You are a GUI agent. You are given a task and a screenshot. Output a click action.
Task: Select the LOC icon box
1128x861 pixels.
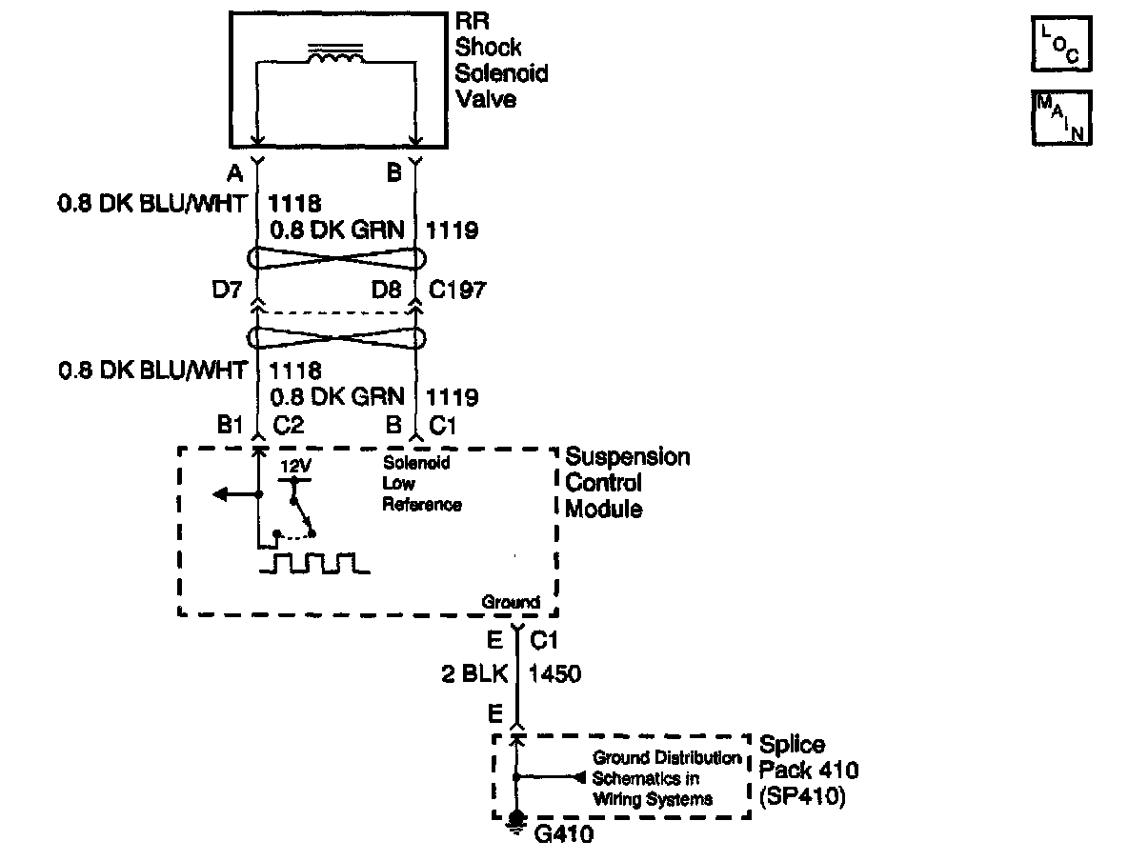click(x=1060, y=45)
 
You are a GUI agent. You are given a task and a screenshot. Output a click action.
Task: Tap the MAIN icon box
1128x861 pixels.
click(x=1060, y=118)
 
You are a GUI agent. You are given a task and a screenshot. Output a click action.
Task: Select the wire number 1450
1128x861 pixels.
click(x=554, y=673)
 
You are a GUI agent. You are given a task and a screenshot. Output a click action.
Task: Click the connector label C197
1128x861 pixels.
click(x=457, y=289)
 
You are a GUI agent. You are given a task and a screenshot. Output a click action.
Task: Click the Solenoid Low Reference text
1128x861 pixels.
click(x=422, y=484)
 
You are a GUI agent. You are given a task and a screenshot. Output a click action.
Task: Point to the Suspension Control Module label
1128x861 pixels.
click(x=627, y=483)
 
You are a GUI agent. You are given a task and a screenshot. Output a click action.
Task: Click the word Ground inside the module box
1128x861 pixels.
click(x=511, y=602)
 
